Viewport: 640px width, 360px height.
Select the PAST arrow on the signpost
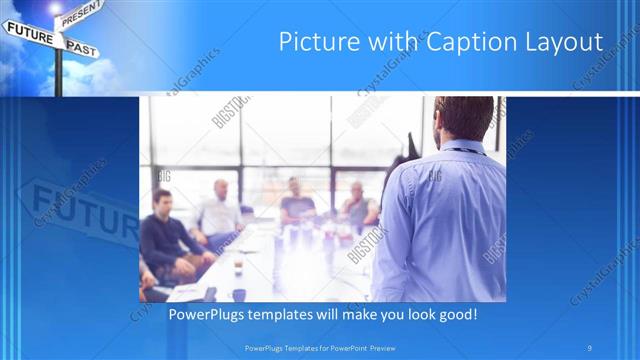click(83, 46)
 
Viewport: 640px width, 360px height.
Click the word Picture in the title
click(314, 42)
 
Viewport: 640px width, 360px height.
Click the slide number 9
click(590, 348)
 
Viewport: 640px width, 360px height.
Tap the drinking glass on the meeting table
click(237, 267)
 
